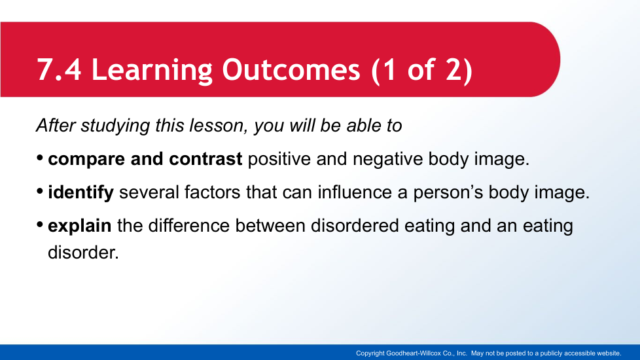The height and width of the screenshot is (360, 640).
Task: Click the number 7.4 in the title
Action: tap(59, 69)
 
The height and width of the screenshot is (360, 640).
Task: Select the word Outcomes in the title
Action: tap(291, 69)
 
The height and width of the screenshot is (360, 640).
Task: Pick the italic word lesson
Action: tap(219, 126)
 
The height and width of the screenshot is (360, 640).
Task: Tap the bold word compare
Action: tap(86, 160)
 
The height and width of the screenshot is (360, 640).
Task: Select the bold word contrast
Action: tap(205, 159)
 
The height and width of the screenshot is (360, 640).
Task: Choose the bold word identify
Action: tap(80, 192)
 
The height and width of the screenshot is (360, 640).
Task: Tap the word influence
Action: tap(355, 192)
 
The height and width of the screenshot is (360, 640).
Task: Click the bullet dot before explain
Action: tap(40, 225)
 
